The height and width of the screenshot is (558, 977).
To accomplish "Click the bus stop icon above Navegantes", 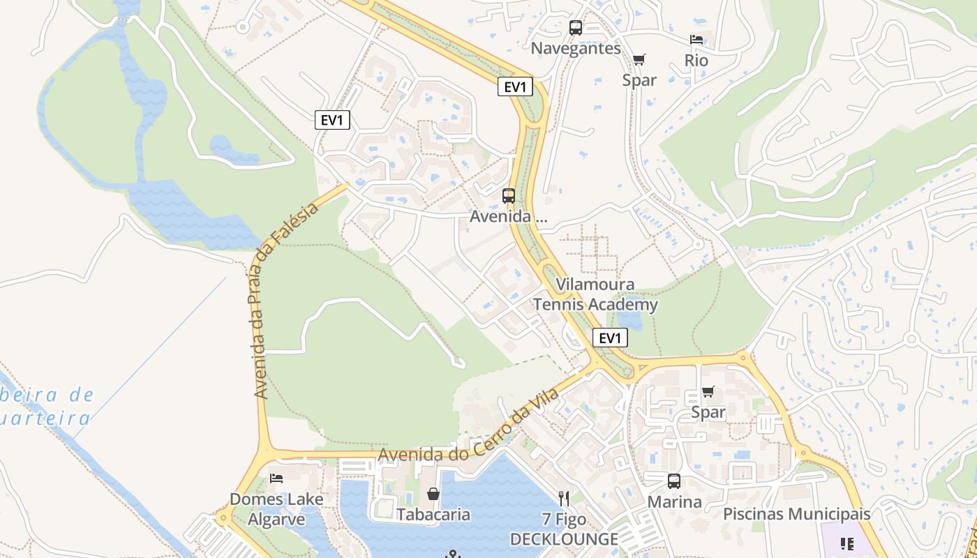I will pos(576,28).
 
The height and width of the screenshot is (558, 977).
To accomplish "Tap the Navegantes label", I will pos(576,48).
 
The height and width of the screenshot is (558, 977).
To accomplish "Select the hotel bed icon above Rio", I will pos(696,40).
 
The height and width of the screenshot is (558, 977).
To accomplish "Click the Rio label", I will pos(696,61).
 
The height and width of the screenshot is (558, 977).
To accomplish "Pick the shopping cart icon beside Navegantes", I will pos(639,59).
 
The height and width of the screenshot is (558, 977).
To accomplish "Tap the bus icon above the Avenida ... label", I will pos(509,196).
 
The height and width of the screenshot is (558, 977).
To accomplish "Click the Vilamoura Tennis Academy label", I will pos(595,294).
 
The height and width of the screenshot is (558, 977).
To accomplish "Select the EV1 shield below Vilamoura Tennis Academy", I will pos(610,338).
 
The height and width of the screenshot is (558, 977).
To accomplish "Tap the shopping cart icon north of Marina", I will pos(708,391).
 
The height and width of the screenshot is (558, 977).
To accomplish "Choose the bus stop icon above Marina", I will pos(674,481).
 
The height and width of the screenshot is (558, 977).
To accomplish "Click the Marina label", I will pos(674,502).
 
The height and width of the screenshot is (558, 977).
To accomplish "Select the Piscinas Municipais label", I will pos(796,514).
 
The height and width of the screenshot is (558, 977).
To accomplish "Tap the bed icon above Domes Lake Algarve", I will pos(276,478).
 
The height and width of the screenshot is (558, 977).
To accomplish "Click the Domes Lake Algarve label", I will pos(276,509).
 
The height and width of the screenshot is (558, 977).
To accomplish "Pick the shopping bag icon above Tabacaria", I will pos(433,495).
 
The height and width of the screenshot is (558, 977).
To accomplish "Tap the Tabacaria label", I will pos(433,515).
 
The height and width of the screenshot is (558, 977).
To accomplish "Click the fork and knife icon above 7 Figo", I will pos(564,498).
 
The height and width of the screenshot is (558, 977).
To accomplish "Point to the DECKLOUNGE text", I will pos(564,539).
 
